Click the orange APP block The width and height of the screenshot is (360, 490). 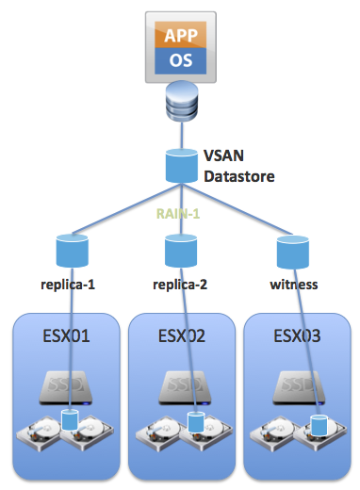pyautogui.click(x=179, y=37)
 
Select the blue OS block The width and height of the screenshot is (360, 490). pyautogui.click(x=179, y=61)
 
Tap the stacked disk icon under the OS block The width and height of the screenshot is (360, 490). pyautogui.click(x=179, y=102)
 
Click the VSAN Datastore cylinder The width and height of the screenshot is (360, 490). pyautogui.click(x=179, y=165)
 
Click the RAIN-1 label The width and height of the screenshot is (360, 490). pyautogui.click(x=179, y=213)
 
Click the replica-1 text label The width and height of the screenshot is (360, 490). pyautogui.click(x=70, y=283)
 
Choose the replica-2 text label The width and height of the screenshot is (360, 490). pyautogui.click(x=179, y=283)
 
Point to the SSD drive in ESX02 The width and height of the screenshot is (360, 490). pyautogui.click(x=180, y=385)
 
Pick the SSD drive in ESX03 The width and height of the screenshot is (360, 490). pyautogui.click(x=296, y=385)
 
